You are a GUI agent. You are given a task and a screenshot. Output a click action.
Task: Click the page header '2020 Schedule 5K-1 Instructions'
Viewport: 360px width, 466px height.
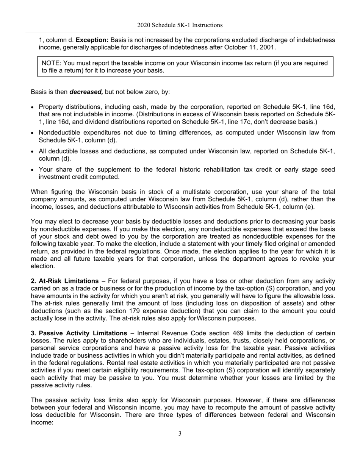click(x=180, y=25)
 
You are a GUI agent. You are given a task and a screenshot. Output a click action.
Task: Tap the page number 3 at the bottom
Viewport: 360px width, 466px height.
click(x=180, y=433)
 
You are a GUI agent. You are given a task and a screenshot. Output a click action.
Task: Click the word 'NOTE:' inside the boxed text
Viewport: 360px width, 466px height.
click(x=51, y=63)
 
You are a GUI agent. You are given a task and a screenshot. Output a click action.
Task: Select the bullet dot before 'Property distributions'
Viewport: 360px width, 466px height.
click(x=33, y=108)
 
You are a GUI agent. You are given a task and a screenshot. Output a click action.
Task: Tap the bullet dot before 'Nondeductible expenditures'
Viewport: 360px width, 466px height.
click(x=33, y=133)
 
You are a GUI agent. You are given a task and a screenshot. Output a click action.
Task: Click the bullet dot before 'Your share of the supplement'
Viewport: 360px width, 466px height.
click(x=33, y=170)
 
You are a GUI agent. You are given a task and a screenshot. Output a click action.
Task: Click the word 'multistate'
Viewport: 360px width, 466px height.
click(x=171, y=192)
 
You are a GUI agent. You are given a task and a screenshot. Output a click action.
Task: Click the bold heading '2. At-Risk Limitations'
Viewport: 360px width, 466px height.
click(x=64, y=281)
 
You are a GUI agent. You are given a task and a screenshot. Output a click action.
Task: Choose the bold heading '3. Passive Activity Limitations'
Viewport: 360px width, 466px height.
click(x=79, y=333)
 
